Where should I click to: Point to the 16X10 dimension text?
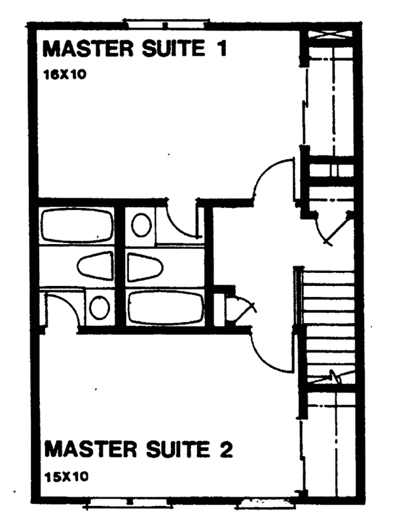click(65, 75)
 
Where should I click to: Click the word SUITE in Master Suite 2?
click(178, 449)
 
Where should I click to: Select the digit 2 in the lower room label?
click(227, 450)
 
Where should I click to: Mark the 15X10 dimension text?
click(66, 476)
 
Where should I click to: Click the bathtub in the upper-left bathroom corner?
click(77, 226)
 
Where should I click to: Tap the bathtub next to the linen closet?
click(166, 308)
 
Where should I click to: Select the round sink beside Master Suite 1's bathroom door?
click(141, 225)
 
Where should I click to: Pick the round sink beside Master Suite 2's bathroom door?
click(100, 308)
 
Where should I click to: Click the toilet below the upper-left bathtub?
click(95, 266)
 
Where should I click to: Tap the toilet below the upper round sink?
click(145, 267)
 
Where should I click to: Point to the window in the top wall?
click(166, 24)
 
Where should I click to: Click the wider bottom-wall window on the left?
click(128, 503)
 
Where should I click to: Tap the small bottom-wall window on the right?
click(265, 503)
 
